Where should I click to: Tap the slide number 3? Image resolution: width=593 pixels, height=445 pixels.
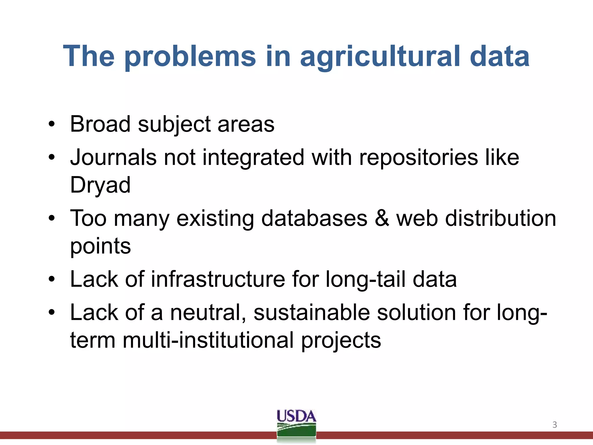point(554,425)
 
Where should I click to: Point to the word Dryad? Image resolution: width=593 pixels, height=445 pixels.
point(100,185)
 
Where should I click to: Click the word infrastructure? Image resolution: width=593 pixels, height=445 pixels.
point(218,279)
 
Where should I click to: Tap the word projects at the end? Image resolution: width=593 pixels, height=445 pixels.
point(341,341)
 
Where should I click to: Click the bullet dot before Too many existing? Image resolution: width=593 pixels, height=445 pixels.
point(52,218)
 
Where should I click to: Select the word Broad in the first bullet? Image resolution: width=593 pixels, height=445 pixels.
point(100,124)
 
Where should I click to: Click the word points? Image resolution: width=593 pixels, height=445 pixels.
point(100,247)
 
